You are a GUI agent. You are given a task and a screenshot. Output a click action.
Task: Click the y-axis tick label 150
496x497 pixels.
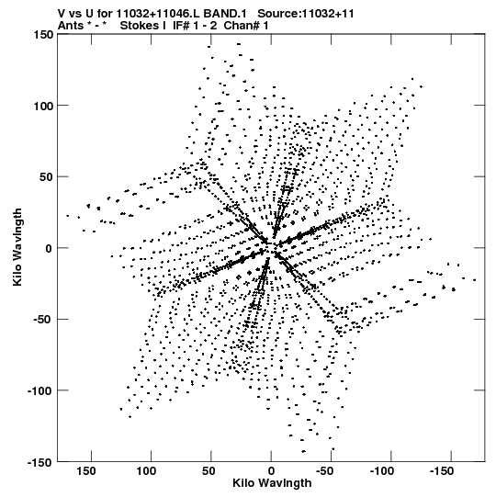point(43,34)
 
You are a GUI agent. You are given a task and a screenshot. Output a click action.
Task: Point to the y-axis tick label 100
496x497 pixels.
point(43,106)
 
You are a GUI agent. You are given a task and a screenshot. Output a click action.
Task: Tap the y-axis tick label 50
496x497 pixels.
point(47,177)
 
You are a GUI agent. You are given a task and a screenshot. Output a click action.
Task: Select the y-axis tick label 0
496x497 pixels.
point(49,248)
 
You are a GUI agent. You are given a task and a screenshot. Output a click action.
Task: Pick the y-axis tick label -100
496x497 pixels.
point(40,390)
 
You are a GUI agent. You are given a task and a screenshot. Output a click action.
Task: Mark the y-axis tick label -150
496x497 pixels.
point(40,462)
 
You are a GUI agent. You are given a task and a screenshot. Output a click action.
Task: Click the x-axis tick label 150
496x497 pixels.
point(86,471)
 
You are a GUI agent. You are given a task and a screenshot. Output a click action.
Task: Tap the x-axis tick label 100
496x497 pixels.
point(146,471)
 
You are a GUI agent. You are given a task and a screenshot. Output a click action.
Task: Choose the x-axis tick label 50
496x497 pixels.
point(209,471)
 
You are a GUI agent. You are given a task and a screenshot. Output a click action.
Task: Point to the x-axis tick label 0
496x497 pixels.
point(271,471)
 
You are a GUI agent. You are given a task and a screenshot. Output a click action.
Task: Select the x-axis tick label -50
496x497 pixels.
point(325,471)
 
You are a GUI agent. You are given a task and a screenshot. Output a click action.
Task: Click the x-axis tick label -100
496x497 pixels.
point(382,471)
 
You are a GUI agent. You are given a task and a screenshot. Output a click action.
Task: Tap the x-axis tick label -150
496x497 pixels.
point(442,471)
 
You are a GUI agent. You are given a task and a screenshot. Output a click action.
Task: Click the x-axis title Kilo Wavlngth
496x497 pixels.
point(272,483)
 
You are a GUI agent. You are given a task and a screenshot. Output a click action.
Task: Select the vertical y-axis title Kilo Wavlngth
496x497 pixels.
point(17,247)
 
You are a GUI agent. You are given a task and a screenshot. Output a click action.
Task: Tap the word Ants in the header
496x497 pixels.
point(71,25)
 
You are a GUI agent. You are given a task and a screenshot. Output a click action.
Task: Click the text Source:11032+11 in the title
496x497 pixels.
point(306,14)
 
